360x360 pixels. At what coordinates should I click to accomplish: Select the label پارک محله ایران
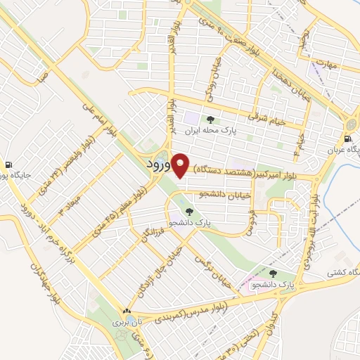tap(209, 131)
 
